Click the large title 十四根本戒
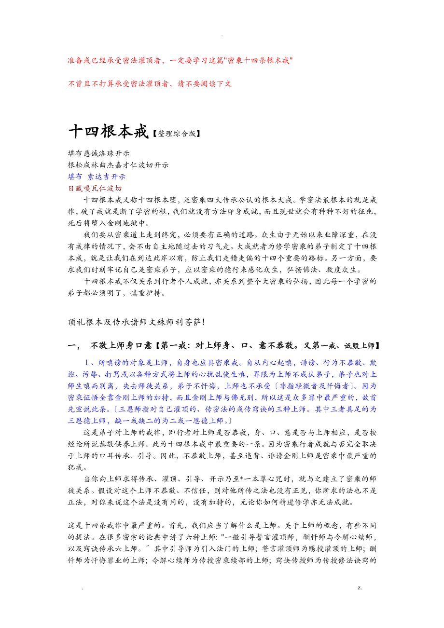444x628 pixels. (x=108, y=132)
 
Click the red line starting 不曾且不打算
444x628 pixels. (x=150, y=84)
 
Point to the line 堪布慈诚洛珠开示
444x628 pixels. (x=99, y=154)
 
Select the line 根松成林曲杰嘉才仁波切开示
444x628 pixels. (x=118, y=165)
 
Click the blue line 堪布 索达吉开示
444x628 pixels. (x=97, y=177)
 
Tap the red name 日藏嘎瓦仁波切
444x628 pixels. (x=95, y=188)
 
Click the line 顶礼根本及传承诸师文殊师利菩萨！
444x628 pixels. (x=137, y=322)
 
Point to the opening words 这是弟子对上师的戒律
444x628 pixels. (x=125, y=432)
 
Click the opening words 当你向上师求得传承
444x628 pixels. (x=119, y=479)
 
